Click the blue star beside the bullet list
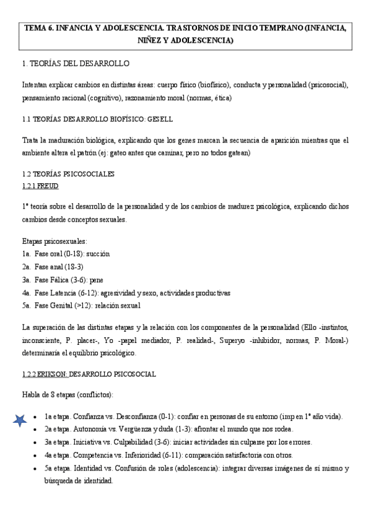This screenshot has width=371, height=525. pyautogui.click(x=20, y=420)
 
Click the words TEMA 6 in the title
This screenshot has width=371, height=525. pyautogui.click(x=39, y=28)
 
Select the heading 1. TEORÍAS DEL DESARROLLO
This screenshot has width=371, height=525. pyautogui.click(x=76, y=63)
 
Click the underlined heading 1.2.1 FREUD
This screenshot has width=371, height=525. pyautogui.click(x=40, y=186)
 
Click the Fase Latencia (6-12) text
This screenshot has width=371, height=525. pyautogui.click(x=71, y=292)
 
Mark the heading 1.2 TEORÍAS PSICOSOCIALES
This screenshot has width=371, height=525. pyautogui.click(x=68, y=174)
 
